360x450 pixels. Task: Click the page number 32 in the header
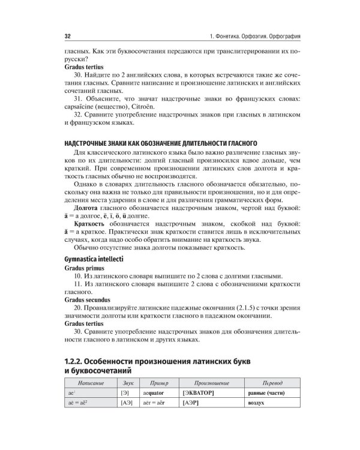coord(68,37)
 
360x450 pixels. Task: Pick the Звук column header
coord(127,382)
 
